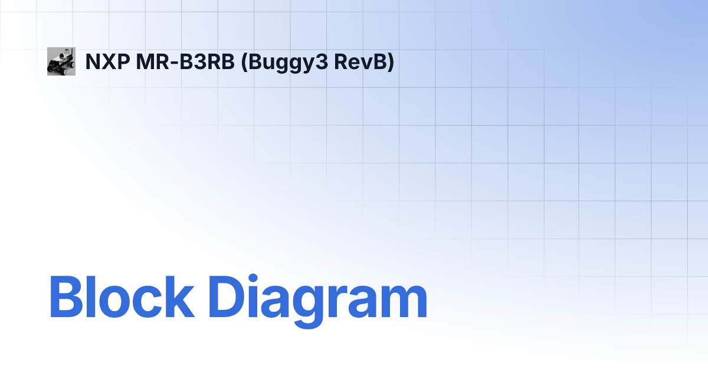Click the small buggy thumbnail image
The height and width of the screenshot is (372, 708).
(x=61, y=61)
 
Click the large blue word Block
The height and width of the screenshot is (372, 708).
(x=122, y=297)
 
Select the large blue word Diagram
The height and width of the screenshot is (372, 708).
(x=317, y=297)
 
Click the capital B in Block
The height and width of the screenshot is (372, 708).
(x=65, y=297)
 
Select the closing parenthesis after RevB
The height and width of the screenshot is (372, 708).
(x=390, y=62)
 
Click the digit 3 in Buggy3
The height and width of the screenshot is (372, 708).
(x=323, y=61)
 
